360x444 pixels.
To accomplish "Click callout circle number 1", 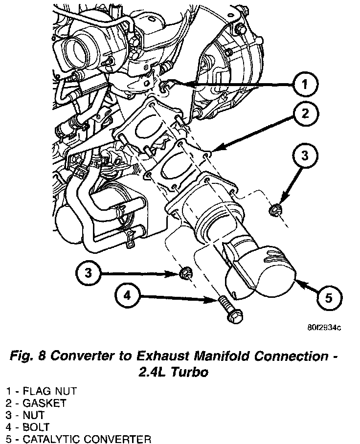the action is [305, 86].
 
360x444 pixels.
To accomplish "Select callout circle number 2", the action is [305, 114].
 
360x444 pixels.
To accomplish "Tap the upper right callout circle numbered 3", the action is [305, 157].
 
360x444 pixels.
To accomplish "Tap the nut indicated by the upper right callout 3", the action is [274, 210].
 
